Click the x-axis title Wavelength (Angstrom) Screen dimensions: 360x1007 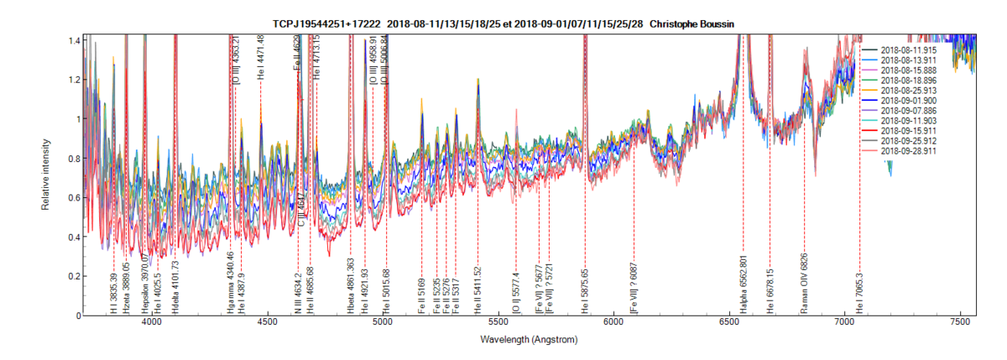tap(529, 341)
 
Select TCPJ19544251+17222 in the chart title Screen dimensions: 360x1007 tap(326, 23)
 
